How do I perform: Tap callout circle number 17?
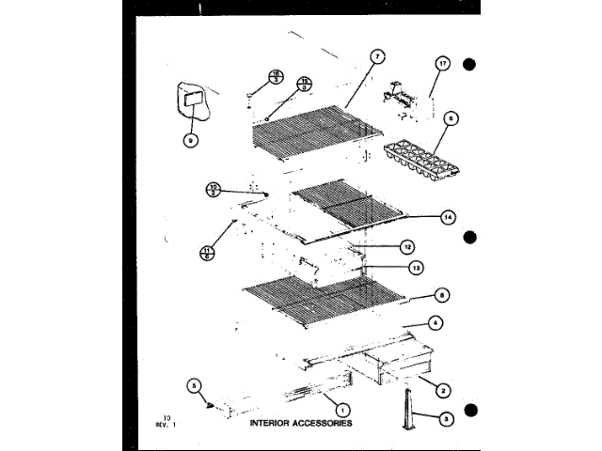(442, 64)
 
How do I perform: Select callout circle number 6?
(451, 119)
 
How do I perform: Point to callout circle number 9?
(191, 140)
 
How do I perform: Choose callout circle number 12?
(406, 247)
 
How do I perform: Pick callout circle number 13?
(416, 267)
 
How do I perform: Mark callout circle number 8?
(443, 294)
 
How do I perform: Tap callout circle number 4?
(435, 322)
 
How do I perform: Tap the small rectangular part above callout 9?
(194, 99)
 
